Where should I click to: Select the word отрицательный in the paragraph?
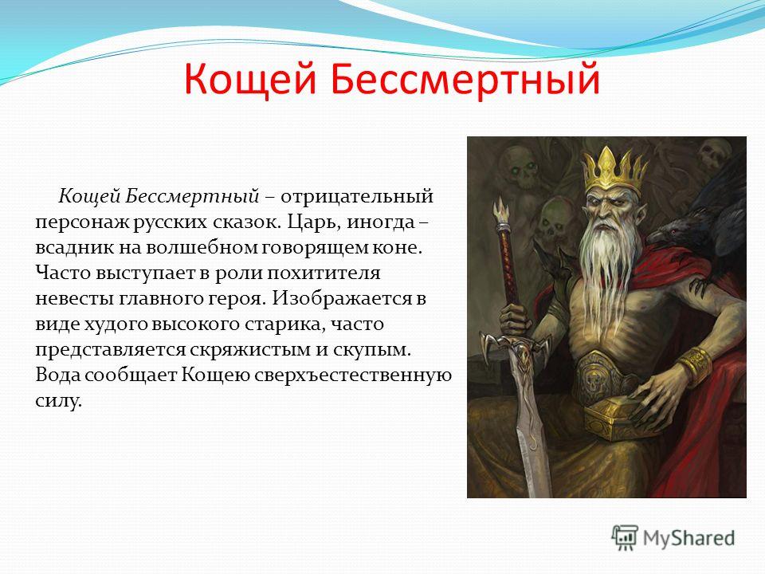pos(357,196)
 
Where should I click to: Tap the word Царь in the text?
pos(313,222)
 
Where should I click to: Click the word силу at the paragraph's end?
pos(57,401)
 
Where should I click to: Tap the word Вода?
pos(57,375)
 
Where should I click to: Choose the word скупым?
pos(372,350)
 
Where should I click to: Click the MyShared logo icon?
pos(625,538)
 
